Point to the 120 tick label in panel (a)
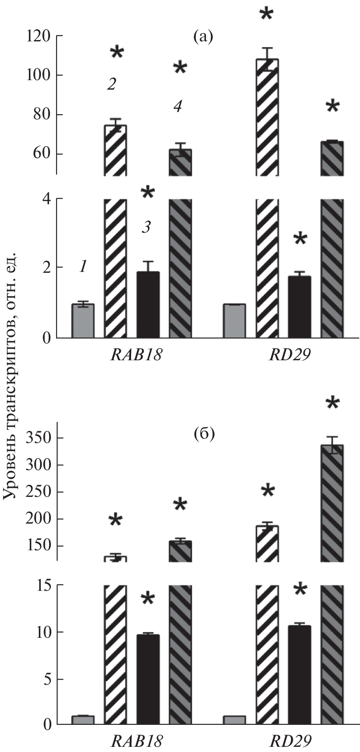[38, 36]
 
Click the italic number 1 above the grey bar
[83, 267]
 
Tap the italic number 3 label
[147, 228]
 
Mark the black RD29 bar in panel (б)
[299, 674]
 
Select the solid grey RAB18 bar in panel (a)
[83, 321]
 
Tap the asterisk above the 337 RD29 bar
[332, 405]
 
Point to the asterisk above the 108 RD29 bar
[266, 14]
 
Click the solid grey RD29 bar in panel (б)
[234, 719]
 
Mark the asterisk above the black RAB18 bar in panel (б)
[148, 599]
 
